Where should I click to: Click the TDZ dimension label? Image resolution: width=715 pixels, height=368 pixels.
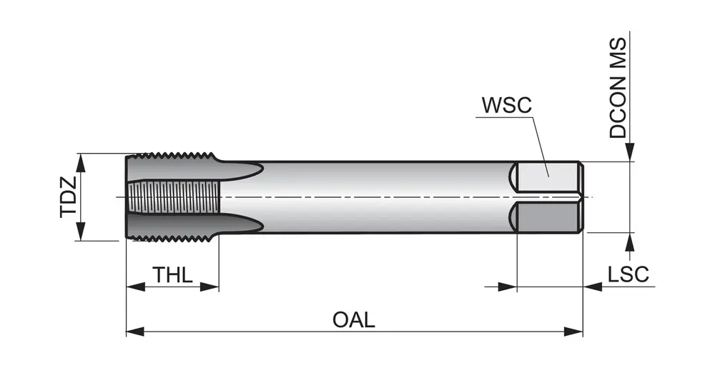(x=69, y=197)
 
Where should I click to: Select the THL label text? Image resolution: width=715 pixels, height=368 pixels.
(x=172, y=275)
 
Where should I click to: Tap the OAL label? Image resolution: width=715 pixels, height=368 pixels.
(x=353, y=319)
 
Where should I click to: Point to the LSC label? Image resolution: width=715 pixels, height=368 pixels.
(x=628, y=274)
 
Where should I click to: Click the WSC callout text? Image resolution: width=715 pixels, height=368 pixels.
(x=506, y=105)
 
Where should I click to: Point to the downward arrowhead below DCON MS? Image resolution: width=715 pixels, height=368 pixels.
(x=629, y=153)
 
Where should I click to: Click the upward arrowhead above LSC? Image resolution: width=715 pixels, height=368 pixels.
(x=629, y=241)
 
